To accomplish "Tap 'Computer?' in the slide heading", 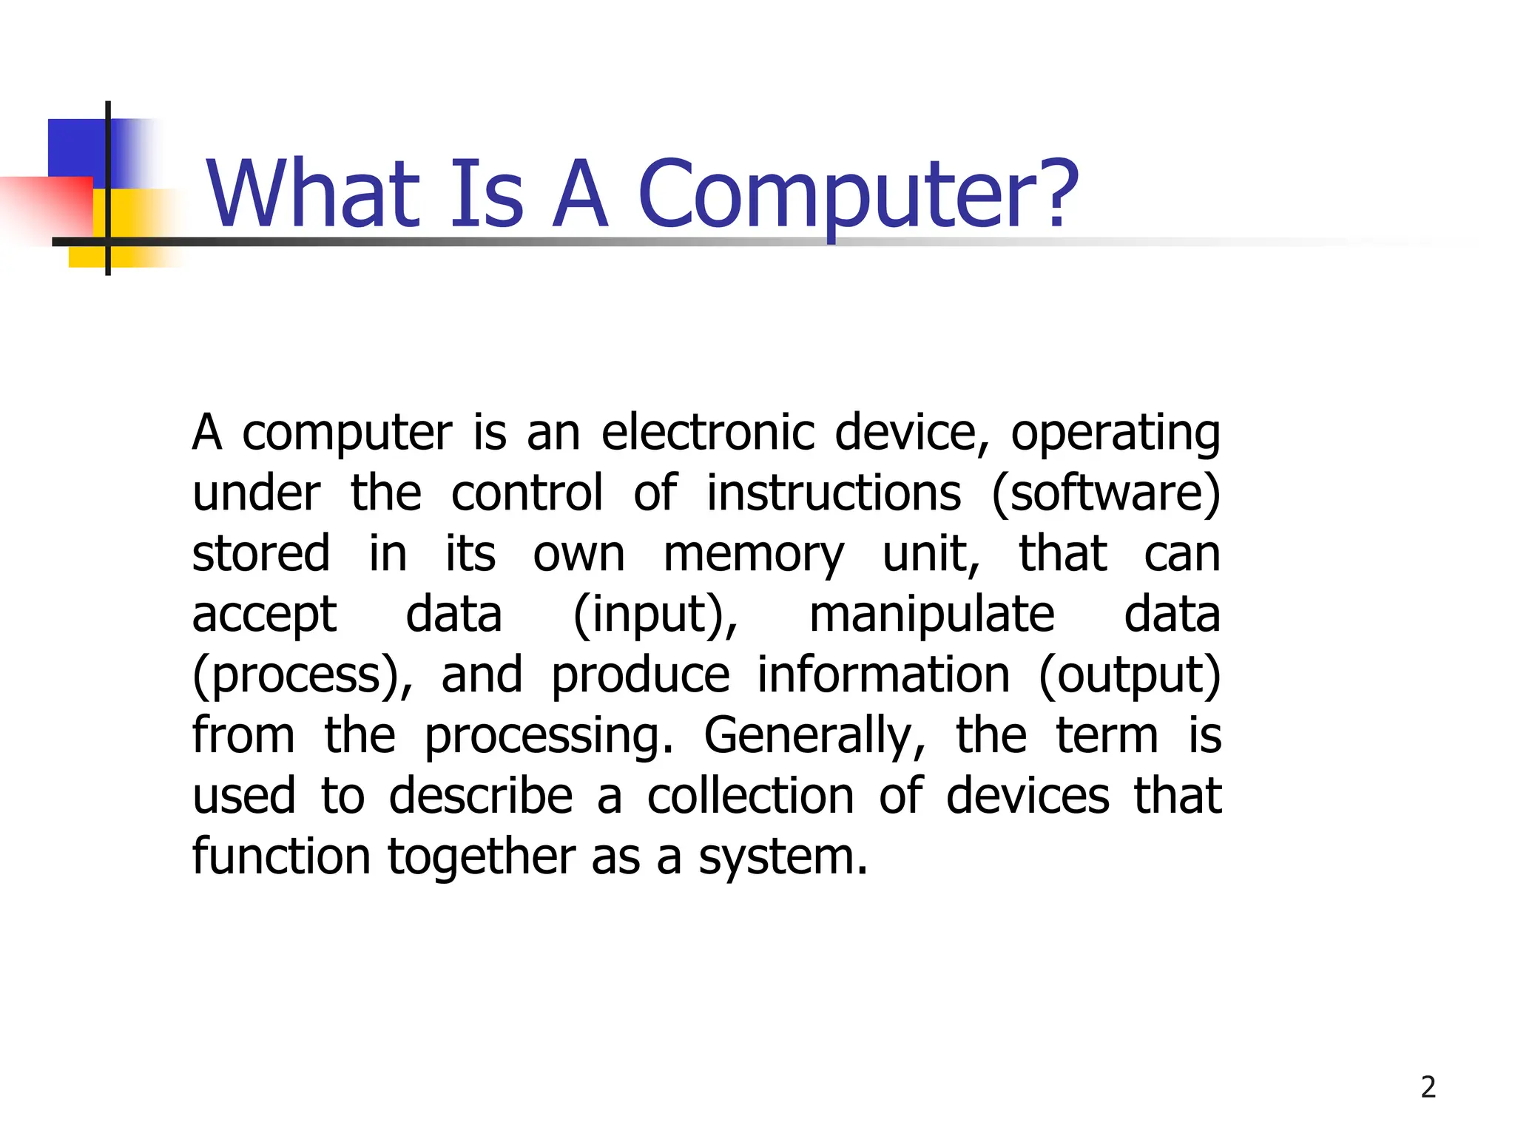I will [x=858, y=194].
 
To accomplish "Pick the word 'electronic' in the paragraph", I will [x=707, y=432].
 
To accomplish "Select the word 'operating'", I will [x=1116, y=433].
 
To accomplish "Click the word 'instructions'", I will [x=834, y=493].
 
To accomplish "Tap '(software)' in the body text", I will [x=1106, y=493].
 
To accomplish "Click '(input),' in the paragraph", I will [x=655, y=615].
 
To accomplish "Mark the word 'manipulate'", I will [x=931, y=615].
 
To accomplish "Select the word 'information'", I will [x=883, y=674].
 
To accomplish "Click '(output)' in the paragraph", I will [x=1130, y=676].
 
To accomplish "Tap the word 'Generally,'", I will [x=814, y=737].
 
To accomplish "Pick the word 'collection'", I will [x=751, y=796].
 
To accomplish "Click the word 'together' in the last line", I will [x=481, y=858].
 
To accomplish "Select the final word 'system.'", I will [x=783, y=858].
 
